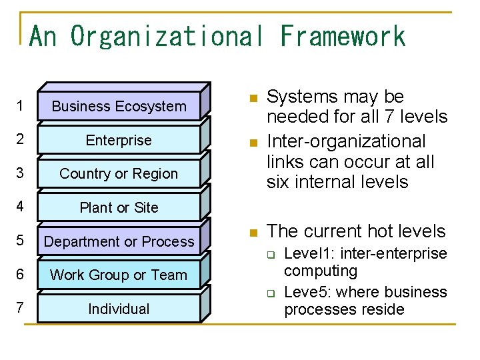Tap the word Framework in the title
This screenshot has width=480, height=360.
[x=343, y=36]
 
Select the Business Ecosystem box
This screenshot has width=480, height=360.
[x=119, y=107]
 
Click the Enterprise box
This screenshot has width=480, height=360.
[x=119, y=141]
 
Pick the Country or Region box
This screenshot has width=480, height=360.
[x=119, y=174]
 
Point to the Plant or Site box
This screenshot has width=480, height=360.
[x=119, y=208]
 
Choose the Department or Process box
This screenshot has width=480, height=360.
[x=119, y=242]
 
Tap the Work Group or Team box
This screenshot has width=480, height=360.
[x=119, y=275]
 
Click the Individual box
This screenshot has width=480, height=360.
[x=119, y=309]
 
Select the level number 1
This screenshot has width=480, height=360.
[x=21, y=107]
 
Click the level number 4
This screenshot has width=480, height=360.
[x=21, y=207]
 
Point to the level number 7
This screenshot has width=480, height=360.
[x=21, y=309]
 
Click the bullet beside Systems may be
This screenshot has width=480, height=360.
[x=253, y=99]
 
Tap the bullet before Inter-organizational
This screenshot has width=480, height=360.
[x=253, y=143]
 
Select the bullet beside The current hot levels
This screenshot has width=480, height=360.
[x=253, y=233]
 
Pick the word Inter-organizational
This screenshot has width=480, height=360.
[x=345, y=141]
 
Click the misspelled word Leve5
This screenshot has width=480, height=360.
[x=304, y=292]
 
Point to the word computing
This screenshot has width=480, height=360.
[x=320, y=271]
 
